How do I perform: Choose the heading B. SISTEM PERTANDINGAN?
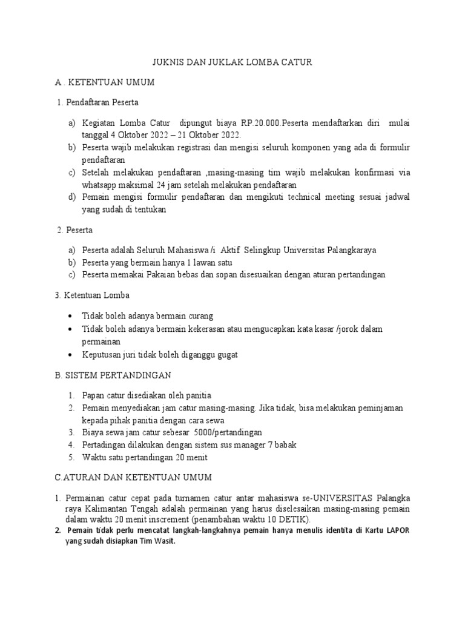point(113,375)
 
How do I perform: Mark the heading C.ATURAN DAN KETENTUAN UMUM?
point(133,478)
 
